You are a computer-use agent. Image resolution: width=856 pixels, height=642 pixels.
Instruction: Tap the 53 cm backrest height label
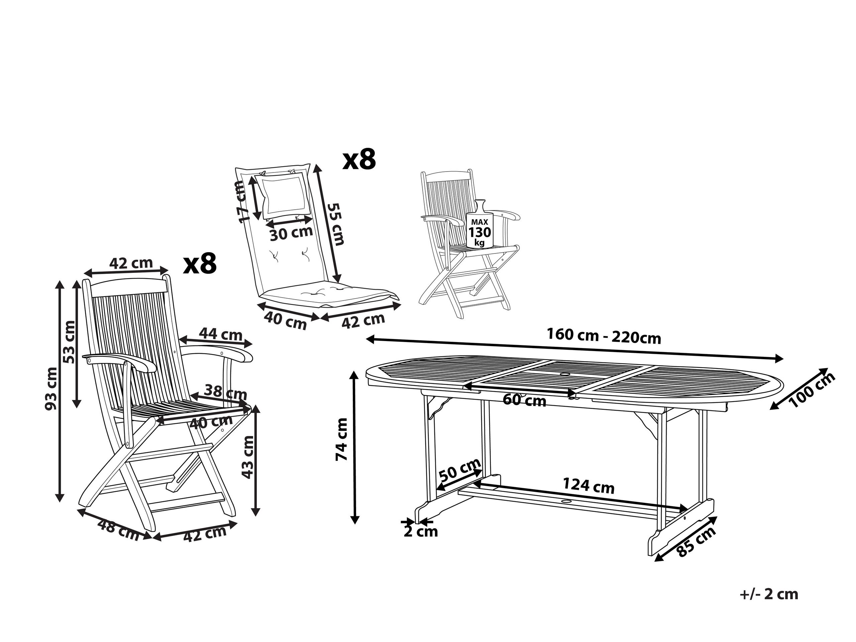click(x=70, y=342)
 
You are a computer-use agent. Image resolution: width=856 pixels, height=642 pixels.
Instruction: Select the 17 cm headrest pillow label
click(x=243, y=202)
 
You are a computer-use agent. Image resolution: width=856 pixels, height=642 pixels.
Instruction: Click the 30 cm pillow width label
click(x=291, y=234)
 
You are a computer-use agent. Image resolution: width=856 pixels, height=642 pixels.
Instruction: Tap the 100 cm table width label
click(x=813, y=390)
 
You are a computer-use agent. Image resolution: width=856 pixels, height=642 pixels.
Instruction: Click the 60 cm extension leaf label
click(x=524, y=400)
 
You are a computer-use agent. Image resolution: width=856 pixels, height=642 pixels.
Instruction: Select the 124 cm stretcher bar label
click(x=588, y=486)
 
